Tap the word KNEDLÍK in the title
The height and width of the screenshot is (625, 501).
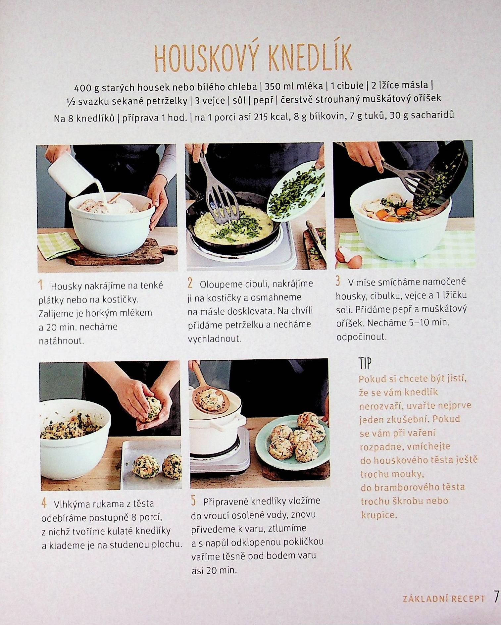[310, 58]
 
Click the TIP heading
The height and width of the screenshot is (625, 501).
[365, 364]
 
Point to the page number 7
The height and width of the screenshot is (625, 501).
[496, 597]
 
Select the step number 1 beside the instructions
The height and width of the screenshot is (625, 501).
[41, 285]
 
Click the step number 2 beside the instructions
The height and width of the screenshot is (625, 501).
[190, 284]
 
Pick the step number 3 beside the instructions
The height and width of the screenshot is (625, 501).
[338, 282]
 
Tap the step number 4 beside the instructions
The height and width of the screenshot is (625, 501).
[44, 503]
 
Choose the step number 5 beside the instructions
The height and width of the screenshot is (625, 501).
[194, 501]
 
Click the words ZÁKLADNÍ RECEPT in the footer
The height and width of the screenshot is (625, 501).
[444, 599]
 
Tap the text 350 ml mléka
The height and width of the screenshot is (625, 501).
[294, 86]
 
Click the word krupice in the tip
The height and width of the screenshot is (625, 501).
[378, 515]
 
